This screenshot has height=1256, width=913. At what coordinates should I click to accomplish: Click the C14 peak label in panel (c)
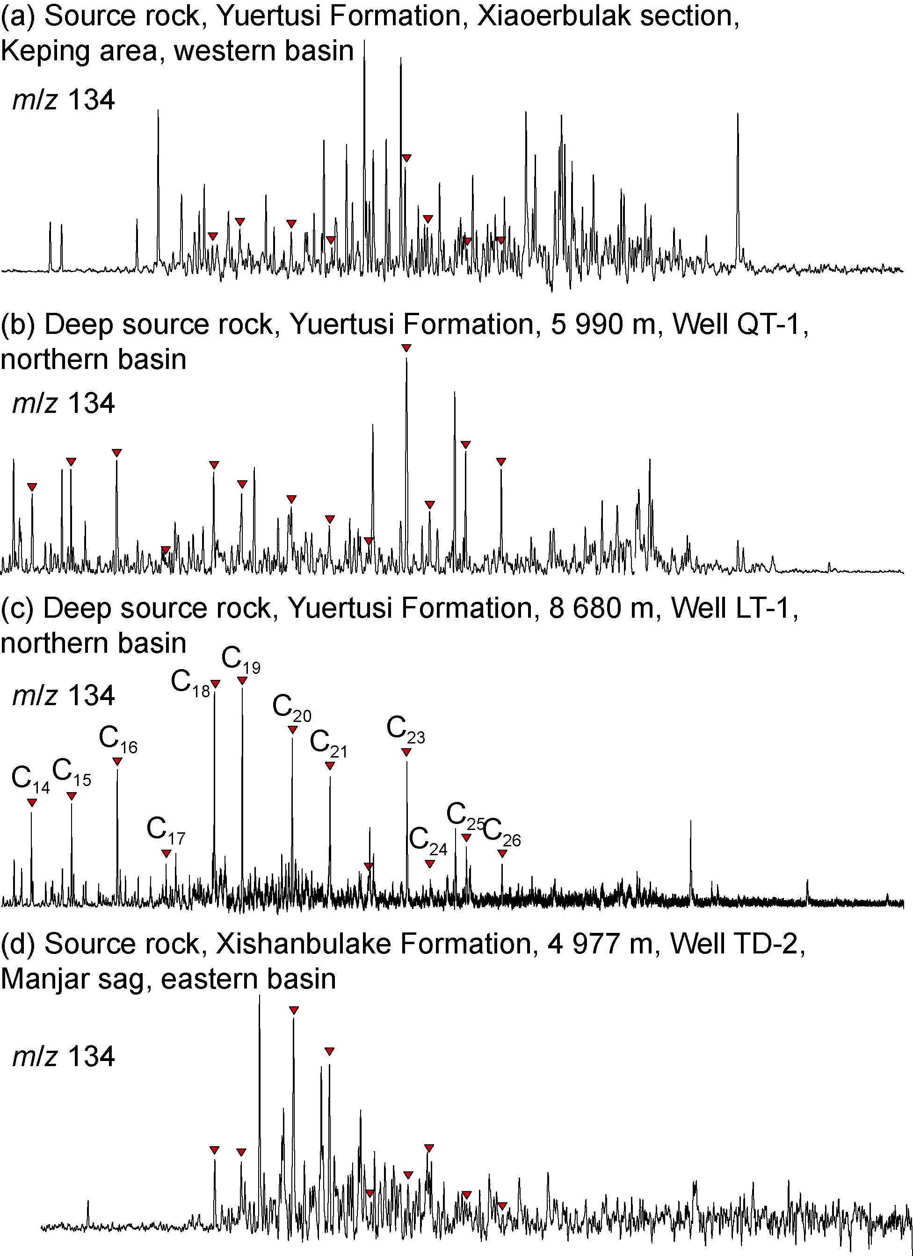30,779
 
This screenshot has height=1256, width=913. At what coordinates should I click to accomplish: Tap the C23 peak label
406,729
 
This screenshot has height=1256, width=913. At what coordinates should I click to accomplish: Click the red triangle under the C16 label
117,762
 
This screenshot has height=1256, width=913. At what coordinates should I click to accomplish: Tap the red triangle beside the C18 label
216,684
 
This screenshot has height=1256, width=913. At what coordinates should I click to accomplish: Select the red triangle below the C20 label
292,730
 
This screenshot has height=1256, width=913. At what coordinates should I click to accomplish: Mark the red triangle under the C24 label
430,864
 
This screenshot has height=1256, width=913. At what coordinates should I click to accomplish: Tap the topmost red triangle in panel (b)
406,348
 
